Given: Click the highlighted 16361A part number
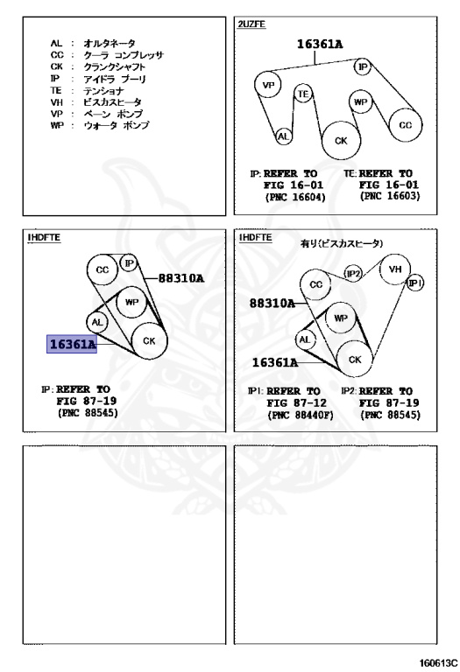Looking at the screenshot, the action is point(72,344).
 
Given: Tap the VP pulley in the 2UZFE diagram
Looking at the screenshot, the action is point(268,85).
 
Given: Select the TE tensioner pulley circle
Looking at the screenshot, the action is point(303,94).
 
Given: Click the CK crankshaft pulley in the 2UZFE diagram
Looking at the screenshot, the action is point(341,141).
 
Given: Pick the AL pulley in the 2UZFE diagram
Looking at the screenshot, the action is point(283,136).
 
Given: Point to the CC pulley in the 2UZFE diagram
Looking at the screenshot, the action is point(406,125).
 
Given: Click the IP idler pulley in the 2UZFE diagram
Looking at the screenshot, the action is point(363,66).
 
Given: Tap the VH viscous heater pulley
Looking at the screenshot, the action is point(395,269).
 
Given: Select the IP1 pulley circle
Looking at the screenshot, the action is point(415,283).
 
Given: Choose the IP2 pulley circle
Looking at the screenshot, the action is point(353,273).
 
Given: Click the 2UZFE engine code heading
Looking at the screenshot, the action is point(251,24).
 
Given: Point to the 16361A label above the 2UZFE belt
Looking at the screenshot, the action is point(320,44).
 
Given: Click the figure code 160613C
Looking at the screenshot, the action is point(438,662).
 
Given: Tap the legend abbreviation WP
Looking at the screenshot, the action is point(57,126).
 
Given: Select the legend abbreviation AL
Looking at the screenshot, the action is point(56,43).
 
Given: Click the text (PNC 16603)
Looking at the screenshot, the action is point(390,196).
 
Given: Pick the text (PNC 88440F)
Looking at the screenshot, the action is point(301,415).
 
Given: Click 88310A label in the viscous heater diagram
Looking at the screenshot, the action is point(272,304).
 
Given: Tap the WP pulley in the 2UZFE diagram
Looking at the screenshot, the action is point(360,102).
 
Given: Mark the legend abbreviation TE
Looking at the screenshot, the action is point(56,90).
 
